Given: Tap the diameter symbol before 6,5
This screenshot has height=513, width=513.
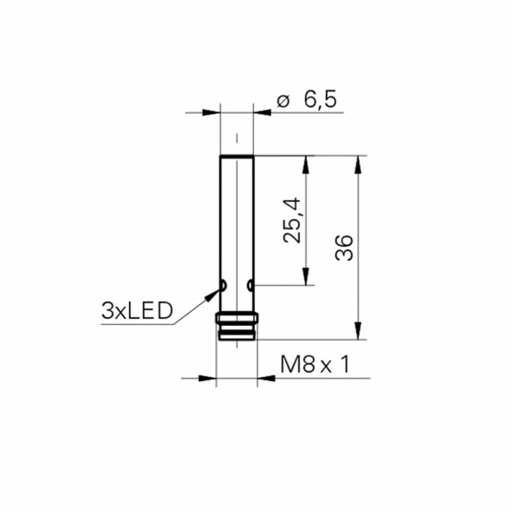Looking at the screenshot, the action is click(x=283, y=101).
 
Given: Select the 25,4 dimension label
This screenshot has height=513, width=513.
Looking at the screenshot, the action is click(x=292, y=220).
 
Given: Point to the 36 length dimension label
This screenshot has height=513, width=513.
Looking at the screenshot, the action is click(x=344, y=248).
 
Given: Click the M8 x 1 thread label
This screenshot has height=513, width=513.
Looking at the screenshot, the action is click(x=315, y=364).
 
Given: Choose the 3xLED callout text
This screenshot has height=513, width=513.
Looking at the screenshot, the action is click(x=137, y=311).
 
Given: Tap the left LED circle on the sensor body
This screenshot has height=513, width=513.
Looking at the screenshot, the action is click(x=223, y=285).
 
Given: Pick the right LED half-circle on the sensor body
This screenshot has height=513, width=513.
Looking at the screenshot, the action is click(x=250, y=285).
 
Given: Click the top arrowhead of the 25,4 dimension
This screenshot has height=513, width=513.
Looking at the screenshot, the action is click(x=306, y=165).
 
